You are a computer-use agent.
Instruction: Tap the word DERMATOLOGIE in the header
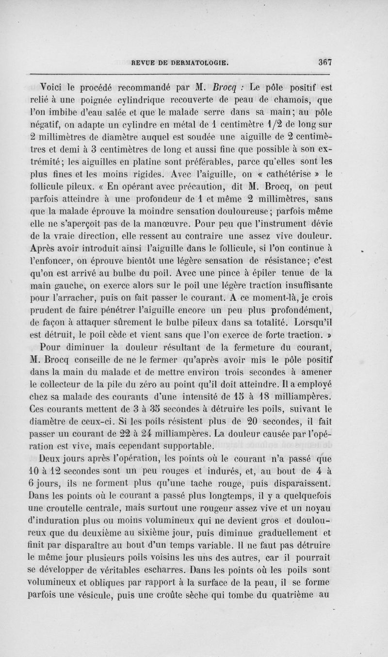(201, 62)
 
